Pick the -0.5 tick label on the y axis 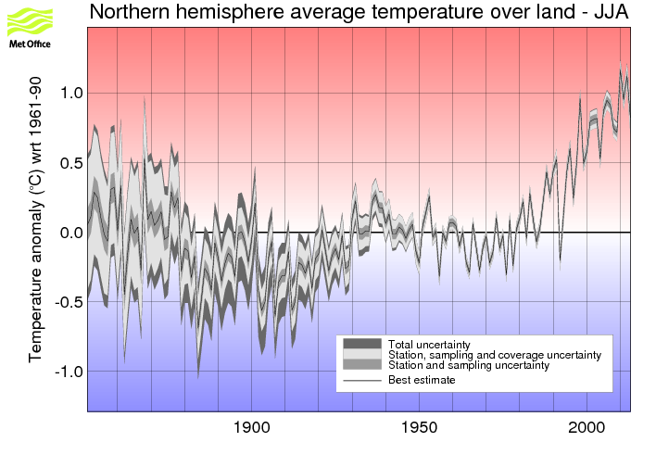click(x=67, y=302)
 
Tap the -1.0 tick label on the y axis click(x=67, y=372)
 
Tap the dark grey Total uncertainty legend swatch click(x=361, y=344)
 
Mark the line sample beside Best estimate click(x=361, y=379)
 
